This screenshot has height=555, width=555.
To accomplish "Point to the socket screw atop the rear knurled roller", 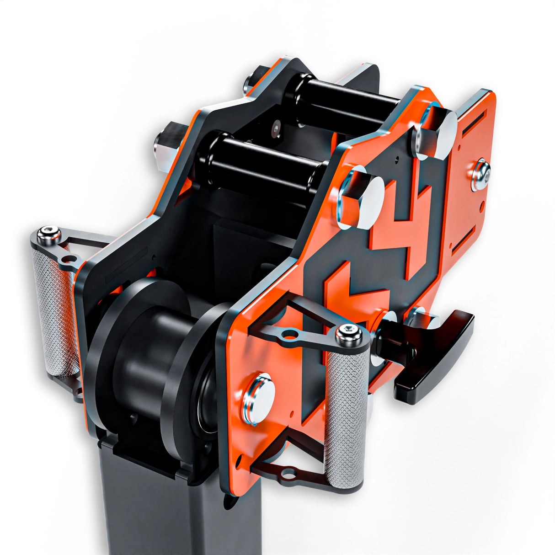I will click(x=48, y=234).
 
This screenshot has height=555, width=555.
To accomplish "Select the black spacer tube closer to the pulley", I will click(x=261, y=165).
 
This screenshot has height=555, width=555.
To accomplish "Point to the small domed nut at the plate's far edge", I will click(x=481, y=174).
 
